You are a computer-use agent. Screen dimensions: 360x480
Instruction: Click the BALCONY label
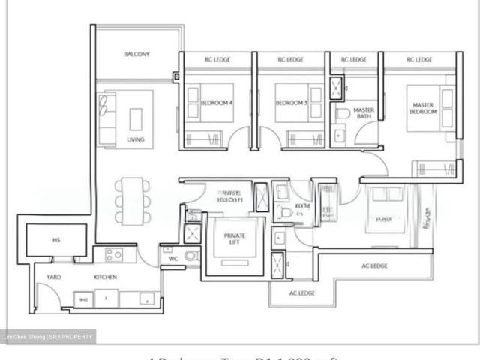[x=137, y=54]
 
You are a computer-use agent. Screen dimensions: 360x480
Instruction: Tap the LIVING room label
[x=136, y=140]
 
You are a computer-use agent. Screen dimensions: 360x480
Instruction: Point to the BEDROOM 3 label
[x=292, y=104]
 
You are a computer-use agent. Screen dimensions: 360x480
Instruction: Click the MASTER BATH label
[x=364, y=113]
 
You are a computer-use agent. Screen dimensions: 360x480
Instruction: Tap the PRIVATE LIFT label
[x=235, y=239]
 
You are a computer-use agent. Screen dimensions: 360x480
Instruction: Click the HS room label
[x=56, y=240]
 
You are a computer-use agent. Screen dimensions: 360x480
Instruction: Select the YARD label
[x=54, y=277]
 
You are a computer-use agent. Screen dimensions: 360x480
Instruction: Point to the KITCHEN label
[x=105, y=277]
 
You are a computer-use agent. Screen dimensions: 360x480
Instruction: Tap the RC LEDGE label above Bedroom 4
[x=217, y=59]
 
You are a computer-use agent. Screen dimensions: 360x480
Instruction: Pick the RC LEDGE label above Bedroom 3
[x=291, y=59]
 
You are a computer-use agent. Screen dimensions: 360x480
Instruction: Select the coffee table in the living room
[x=136, y=118]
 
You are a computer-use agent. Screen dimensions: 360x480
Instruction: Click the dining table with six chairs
[x=133, y=200]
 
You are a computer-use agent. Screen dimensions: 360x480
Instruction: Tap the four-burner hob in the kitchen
[x=113, y=254]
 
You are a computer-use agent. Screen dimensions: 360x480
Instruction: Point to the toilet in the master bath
[x=343, y=113]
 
